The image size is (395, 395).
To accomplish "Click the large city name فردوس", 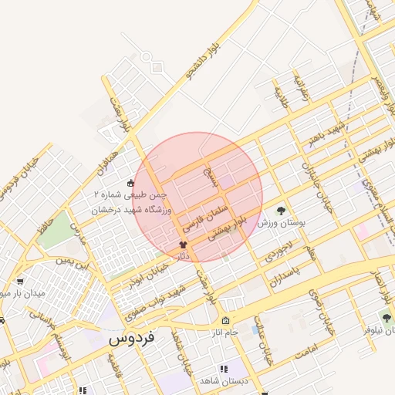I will click(133, 338).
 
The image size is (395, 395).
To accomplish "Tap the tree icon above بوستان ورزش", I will click(280, 209).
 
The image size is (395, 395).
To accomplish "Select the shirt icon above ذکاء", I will click(183, 244).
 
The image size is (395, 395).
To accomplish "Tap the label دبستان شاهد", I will click(222, 381).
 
